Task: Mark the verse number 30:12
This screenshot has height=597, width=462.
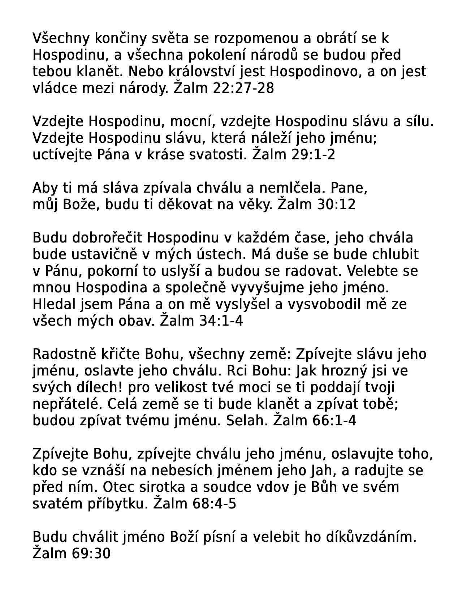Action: (336, 204)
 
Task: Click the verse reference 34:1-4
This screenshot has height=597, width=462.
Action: (221, 321)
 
